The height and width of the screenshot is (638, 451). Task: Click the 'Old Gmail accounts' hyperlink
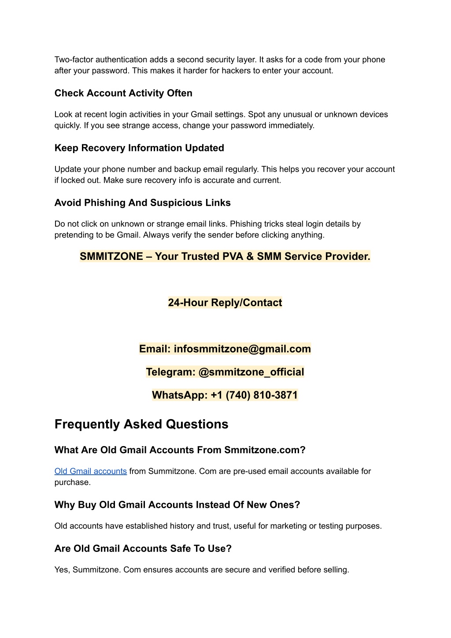tap(90, 471)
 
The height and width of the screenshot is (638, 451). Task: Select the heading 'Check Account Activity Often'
tap(123, 93)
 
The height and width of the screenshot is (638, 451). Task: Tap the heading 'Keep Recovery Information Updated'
tap(139, 148)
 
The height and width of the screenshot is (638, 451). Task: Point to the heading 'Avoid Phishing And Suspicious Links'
tap(142, 203)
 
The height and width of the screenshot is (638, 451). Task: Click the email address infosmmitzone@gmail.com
tap(242, 349)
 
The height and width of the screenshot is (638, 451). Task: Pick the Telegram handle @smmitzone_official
tap(251, 372)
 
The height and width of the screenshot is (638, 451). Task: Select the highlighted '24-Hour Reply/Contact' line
tap(225, 303)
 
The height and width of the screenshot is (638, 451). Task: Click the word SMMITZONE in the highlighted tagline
tap(111, 256)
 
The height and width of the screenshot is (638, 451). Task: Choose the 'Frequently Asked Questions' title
tap(141, 424)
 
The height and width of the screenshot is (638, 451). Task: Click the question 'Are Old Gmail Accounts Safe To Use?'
tap(143, 548)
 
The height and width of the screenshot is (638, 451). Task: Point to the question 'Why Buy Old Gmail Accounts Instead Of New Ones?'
tap(177, 505)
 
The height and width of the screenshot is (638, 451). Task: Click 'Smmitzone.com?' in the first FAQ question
tap(265, 450)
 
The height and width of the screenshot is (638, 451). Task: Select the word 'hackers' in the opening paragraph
tap(236, 71)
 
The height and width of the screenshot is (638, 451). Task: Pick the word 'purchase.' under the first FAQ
tap(73, 482)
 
